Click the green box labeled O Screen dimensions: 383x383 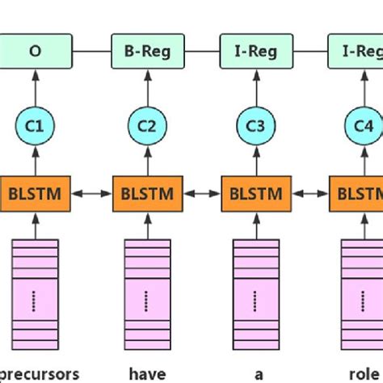pyautogui.click(x=35, y=51)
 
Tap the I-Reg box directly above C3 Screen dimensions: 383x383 pyautogui.click(x=255, y=51)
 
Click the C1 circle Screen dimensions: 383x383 pyautogui.click(x=35, y=126)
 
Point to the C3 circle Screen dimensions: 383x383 pyautogui.click(x=255, y=126)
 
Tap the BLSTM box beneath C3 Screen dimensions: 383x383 pyautogui.click(x=255, y=194)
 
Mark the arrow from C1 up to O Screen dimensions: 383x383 pyautogui.click(x=35, y=87)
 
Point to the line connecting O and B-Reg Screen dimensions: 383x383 pyautogui.click(x=90, y=51)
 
